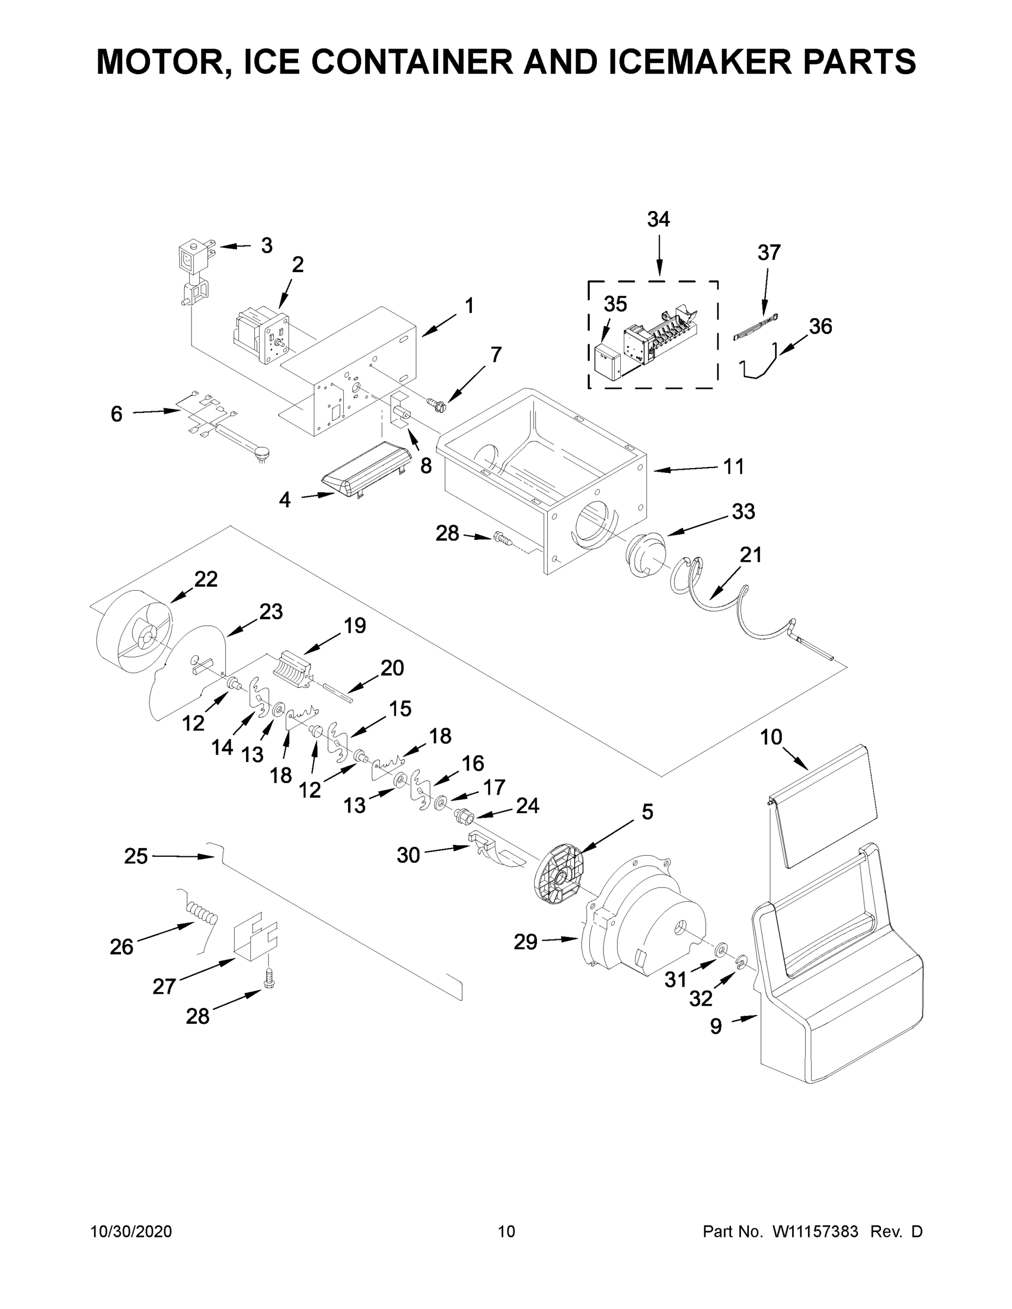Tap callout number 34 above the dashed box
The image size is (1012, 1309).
pos(658,220)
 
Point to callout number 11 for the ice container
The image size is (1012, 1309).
pos(733,466)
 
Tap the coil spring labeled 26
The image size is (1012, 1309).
pos(201,916)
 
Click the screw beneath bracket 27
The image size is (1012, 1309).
pos(268,981)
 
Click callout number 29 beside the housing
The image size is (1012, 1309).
pos(525,942)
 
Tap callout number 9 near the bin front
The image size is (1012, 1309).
pos(716,1026)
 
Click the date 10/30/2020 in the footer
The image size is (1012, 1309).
pos(131,1232)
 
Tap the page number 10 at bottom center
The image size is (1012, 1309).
pos(507,1232)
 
